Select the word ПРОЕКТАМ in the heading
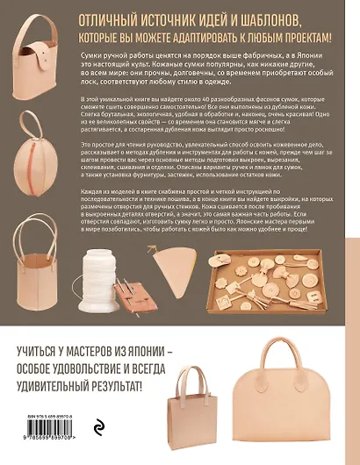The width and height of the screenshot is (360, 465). click(x=301, y=38)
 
